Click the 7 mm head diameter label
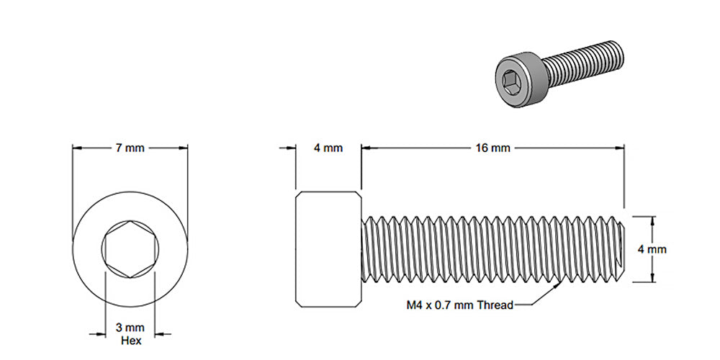pyautogui.click(x=130, y=148)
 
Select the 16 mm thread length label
pyautogui.click(x=492, y=148)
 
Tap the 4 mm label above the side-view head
pyautogui.click(x=328, y=148)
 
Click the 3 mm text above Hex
pyautogui.click(x=130, y=328)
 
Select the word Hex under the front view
pyautogui.click(x=130, y=340)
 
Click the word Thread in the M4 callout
pyautogui.click(x=497, y=305)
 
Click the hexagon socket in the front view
pyautogui.click(x=130, y=248)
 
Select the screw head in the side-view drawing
pyautogui.click(x=328, y=248)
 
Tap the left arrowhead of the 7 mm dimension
pyautogui.click(x=76, y=148)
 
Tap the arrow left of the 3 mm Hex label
pyautogui.click(x=101, y=333)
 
